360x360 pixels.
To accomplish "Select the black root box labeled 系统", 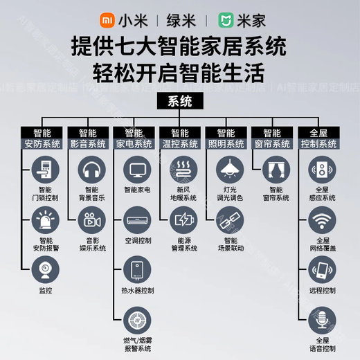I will [x=180, y=102].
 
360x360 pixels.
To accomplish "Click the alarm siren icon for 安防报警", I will [x=44, y=221].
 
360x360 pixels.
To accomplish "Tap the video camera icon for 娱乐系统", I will [x=91, y=221].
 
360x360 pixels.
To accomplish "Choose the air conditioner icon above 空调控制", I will [x=137, y=221].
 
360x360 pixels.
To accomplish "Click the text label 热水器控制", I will [x=137, y=290].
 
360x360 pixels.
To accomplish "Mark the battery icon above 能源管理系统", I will [x=183, y=221].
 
